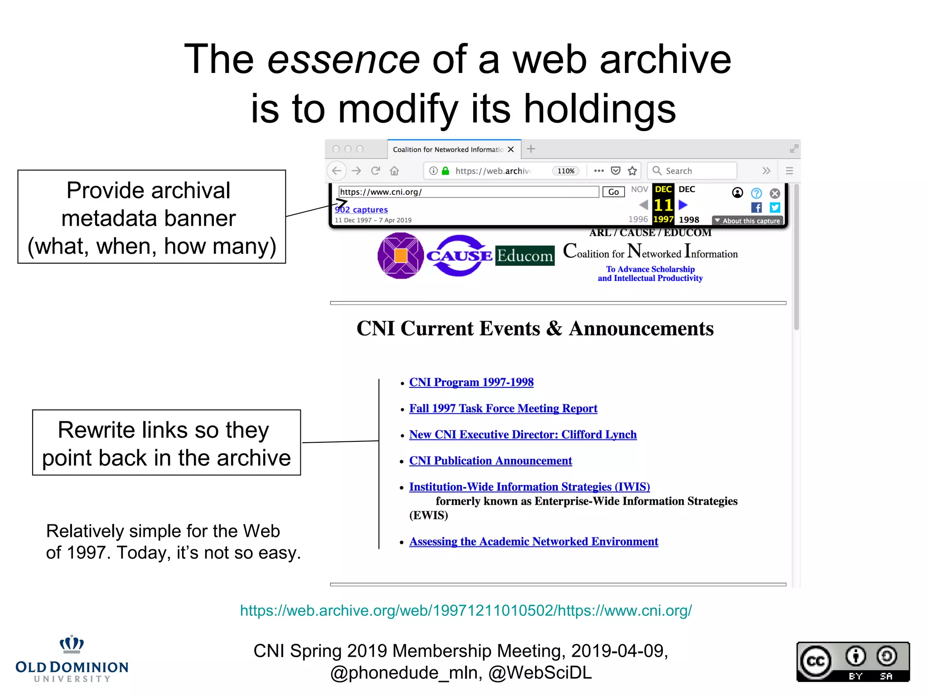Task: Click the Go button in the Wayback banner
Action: point(613,192)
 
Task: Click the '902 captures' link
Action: point(361,210)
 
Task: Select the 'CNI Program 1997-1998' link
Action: point(471,382)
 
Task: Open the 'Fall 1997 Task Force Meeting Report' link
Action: point(503,409)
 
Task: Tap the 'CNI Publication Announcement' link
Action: point(490,461)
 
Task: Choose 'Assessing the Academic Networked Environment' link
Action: point(533,542)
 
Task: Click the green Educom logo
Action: point(525,256)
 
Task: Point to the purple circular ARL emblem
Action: point(401,256)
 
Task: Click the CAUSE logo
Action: point(459,256)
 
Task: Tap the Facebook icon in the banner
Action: point(756,208)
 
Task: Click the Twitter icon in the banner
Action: point(775,208)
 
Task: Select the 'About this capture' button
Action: point(748,221)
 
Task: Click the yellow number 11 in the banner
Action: point(663,205)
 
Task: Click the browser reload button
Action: point(375,171)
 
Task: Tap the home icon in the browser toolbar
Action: point(395,171)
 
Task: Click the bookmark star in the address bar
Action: point(633,171)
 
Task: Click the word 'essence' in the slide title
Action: point(343,60)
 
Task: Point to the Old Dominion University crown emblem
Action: point(72,644)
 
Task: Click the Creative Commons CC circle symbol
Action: point(816,662)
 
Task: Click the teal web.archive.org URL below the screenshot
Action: point(466,611)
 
